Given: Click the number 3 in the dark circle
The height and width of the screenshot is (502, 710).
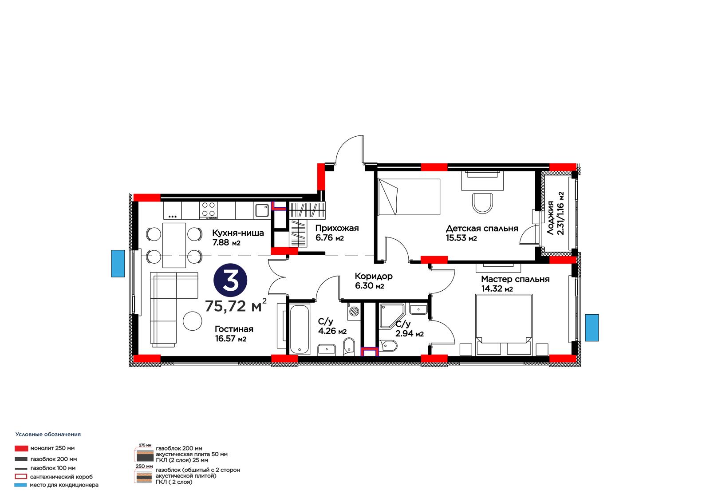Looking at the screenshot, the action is [x=230, y=281].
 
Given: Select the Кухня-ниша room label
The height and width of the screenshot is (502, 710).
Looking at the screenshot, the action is [x=238, y=233].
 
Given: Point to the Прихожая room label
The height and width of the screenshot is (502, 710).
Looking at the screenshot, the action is [x=337, y=228].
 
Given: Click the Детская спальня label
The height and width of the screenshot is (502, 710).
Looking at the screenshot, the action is [x=482, y=229].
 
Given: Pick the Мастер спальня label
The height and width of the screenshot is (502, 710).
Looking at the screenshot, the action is [x=515, y=279].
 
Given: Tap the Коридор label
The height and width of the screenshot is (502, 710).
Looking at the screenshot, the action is [x=374, y=276].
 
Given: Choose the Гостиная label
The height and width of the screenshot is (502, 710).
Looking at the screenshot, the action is [x=234, y=329].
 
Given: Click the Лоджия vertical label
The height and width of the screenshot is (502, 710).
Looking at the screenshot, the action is [x=550, y=218].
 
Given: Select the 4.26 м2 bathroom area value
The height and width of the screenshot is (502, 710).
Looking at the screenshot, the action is [x=332, y=332].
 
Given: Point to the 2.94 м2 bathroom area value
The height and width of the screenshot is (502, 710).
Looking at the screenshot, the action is [x=410, y=334].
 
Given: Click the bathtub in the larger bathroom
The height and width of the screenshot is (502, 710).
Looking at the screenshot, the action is [x=299, y=329].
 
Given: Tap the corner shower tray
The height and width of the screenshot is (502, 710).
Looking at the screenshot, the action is [x=392, y=316].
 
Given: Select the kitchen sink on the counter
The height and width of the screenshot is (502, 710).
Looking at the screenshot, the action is [x=262, y=210].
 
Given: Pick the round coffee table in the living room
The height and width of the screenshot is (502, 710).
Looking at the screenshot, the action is [x=193, y=320].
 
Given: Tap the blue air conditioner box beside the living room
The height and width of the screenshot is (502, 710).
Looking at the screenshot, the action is [x=118, y=264].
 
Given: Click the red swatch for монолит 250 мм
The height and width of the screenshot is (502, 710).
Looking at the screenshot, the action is [x=21, y=448].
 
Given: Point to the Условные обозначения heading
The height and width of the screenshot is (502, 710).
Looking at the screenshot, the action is [x=48, y=435].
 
